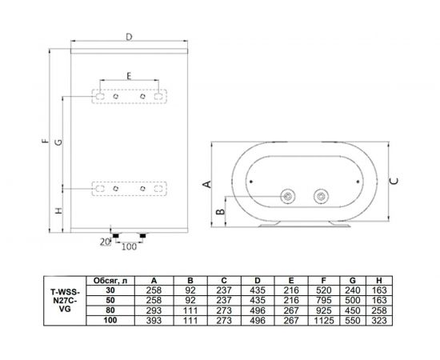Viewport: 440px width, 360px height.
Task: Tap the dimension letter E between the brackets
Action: (128, 75)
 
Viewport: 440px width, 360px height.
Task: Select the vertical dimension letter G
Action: (58, 143)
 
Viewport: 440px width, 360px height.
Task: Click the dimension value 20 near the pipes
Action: (103, 240)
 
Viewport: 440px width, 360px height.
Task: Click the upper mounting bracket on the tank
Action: (128, 96)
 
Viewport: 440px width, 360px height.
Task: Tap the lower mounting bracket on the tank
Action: (128, 189)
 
